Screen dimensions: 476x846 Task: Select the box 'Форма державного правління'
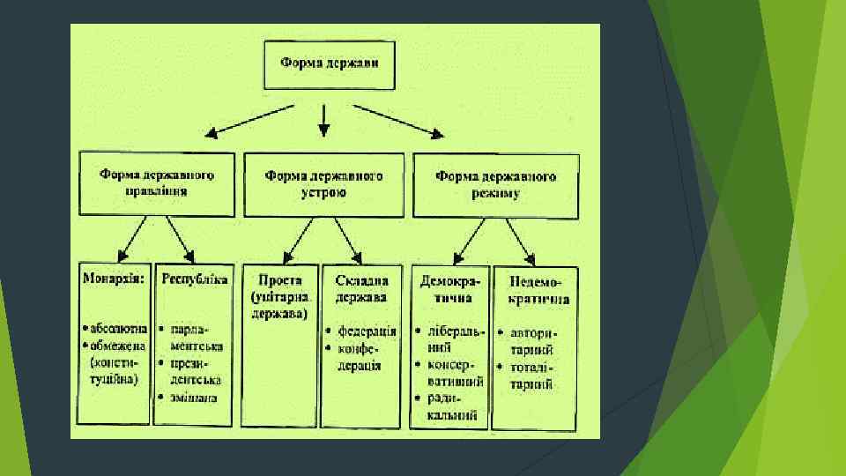tap(157, 183)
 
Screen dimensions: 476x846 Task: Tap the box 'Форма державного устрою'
tap(323, 183)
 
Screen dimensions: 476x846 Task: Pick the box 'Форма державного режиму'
tap(495, 183)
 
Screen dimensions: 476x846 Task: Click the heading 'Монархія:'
tap(114, 279)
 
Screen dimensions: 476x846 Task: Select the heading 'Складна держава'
tap(361, 288)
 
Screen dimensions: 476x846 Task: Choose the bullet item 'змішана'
tap(192, 398)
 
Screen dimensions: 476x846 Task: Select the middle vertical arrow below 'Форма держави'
tap(323, 120)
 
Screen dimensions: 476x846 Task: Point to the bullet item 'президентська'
tap(192, 371)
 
